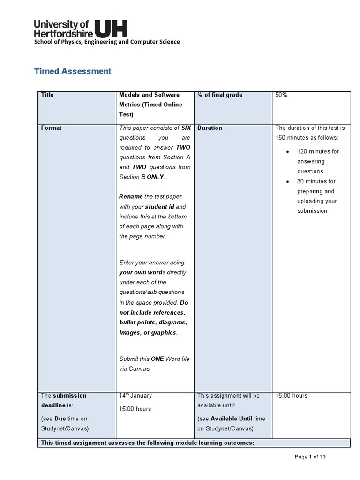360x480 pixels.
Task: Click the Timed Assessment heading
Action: click(73, 71)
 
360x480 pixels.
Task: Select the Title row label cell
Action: click(47, 95)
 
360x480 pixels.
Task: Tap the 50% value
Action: click(281, 95)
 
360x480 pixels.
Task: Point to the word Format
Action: click(51, 128)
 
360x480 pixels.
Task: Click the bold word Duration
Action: click(210, 128)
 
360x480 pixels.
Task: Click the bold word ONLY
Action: click(156, 177)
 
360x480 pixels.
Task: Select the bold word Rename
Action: click(131, 197)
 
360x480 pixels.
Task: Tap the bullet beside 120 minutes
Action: click(287, 152)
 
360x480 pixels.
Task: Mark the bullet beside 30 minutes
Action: click(287, 181)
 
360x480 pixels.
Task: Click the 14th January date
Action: click(135, 396)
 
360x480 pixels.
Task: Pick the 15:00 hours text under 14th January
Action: click(135, 409)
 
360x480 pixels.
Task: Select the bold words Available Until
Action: click(231, 419)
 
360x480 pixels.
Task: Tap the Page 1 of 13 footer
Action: click(314, 457)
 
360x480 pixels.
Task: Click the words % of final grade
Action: click(220, 95)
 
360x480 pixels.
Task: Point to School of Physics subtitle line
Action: click(106, 42)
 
